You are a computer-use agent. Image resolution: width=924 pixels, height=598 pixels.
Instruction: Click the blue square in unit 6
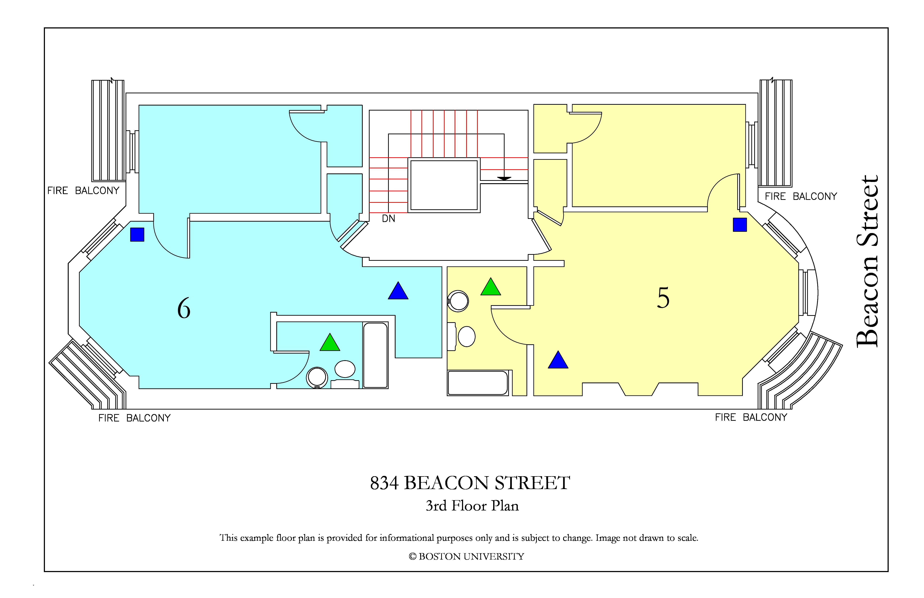137,234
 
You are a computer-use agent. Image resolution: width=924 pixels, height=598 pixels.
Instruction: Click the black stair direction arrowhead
504,179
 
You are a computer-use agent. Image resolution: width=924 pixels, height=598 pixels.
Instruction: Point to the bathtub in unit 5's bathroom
478,383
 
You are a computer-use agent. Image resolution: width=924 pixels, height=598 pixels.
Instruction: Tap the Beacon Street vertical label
867,261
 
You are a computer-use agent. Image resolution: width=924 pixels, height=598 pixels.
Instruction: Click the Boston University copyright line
466,557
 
